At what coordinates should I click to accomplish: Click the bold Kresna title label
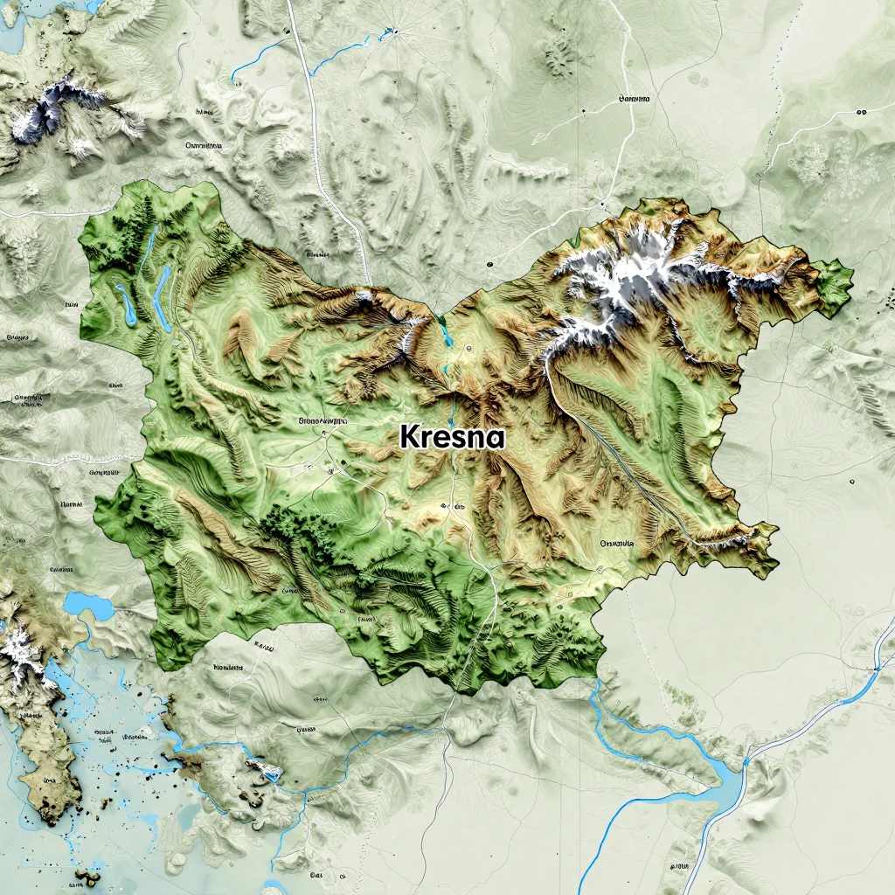[453, 435]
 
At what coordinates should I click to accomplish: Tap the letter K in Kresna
[409, 435]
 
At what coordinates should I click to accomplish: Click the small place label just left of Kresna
[323, 420]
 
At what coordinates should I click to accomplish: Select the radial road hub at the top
[394, 32]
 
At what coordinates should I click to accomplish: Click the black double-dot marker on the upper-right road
[861, 113]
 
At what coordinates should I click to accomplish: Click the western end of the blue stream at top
[234, 80]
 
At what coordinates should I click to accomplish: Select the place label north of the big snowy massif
[635, 100]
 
